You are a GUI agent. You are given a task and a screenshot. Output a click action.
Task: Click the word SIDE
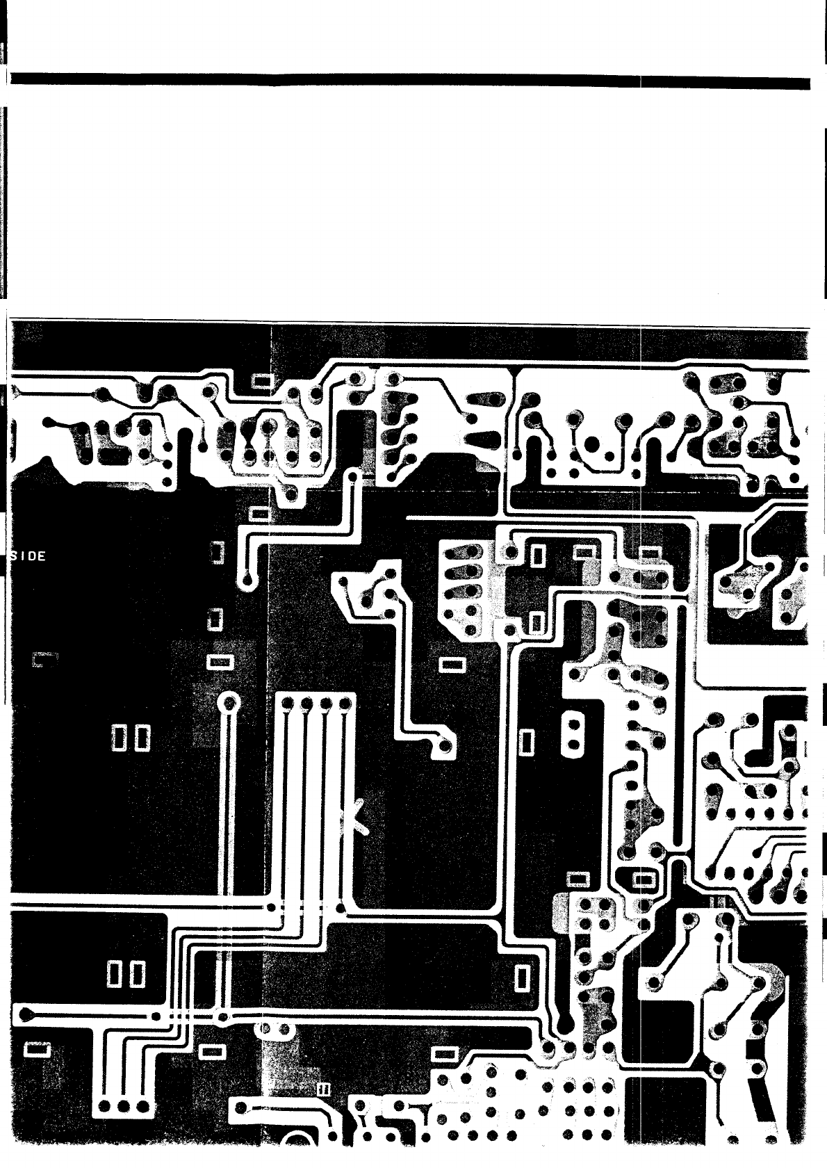[29, 556]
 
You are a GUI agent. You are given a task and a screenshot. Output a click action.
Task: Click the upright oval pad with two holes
[573, 734]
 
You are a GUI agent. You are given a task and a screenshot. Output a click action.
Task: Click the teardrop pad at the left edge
[25, 1014]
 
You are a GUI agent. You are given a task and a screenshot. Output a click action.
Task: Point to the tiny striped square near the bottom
[322, 1089]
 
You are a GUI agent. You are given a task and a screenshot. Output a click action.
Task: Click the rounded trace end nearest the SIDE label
[247, 578]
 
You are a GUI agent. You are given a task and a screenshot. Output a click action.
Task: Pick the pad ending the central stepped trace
[443, 747]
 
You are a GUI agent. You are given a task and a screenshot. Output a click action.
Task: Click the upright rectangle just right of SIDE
[217, 553]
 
